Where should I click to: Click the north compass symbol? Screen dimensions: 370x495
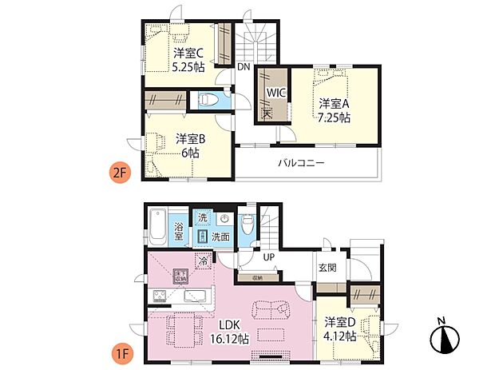tap(444, 340)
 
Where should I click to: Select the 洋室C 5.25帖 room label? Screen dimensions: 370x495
tap(188, 60)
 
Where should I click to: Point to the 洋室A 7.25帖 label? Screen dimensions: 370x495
tap(335, 110)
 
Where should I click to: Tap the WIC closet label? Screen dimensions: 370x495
tap(276, 92)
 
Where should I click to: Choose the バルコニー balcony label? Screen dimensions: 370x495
tap(301, 162)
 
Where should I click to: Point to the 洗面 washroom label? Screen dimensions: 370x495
tap(221, 237)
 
